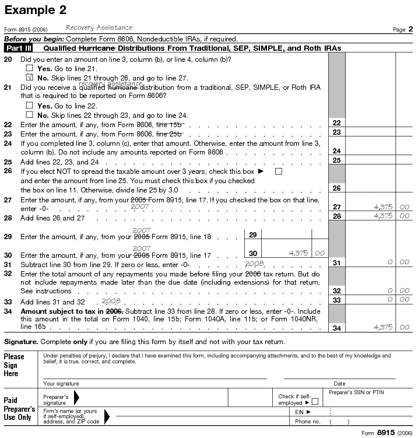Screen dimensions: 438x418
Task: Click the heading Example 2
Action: coord(35,10)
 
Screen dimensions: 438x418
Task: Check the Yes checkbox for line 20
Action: coord(29,68)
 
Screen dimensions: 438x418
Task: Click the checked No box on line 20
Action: coord(29,78)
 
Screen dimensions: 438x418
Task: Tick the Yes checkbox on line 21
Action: coord(29,106)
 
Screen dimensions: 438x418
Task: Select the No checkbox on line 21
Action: coord(29,115)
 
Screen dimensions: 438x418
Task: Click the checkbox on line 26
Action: coord(278,171)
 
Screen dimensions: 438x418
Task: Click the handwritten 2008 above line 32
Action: coord(255,264)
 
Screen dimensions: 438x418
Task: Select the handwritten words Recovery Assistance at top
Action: coord(99,27)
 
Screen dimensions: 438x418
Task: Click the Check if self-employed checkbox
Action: coord(315,401)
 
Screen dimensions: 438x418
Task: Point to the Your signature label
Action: coord(61,383)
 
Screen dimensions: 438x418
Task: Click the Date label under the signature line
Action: coord(339,383)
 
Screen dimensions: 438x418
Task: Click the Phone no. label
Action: coord(308,421)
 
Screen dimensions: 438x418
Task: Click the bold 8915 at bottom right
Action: coord(385,432)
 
